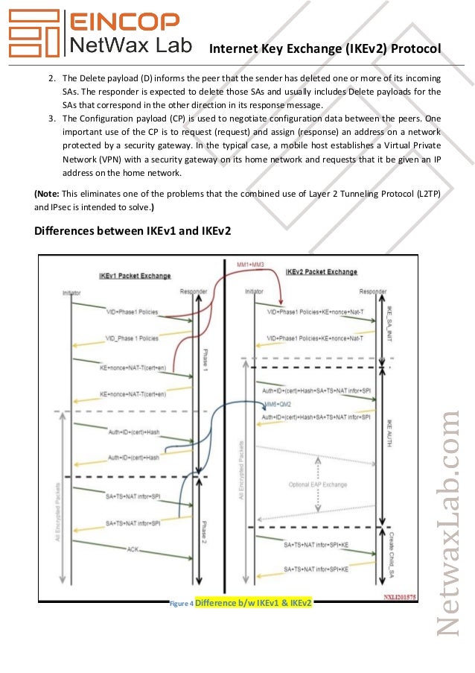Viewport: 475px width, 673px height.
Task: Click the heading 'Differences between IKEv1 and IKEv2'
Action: pyautogui.click(x=133, y=231)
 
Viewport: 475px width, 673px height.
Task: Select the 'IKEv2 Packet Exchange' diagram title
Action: pyautogui.click(x=322, y=272)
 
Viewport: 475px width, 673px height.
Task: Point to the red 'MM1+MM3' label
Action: pyautogui.click(x=251, y=265)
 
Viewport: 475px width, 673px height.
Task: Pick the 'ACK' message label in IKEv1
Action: pyautogui.click(x=133, y=549)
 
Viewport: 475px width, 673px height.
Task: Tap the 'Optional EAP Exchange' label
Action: pyautogui.click(x=318, y=484)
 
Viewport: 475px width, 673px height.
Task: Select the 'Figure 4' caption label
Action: pyautogui.click(x=182, y=602)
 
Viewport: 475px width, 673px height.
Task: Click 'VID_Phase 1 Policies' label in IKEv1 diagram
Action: pyautogui.click(x=131, y=338)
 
